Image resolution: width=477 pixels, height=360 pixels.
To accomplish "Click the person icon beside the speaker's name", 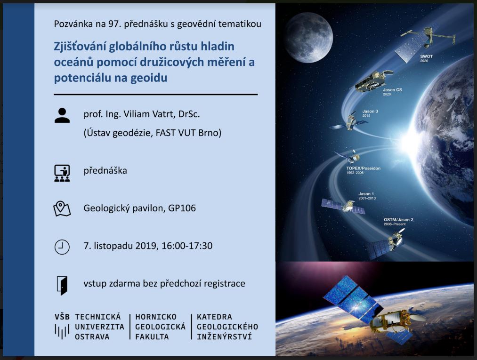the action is pos(62,116).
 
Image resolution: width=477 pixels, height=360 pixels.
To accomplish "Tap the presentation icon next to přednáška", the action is pos(62,173).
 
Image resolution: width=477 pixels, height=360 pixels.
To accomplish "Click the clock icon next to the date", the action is pos(62,247).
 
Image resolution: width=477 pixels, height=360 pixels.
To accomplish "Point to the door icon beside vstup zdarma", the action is pos(62,286).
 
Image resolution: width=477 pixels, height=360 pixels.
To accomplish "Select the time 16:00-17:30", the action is pos(187,246).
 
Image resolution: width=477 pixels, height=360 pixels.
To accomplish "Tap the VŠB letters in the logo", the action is pos(62,317).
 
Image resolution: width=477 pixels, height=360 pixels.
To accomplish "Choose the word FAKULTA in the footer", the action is pos(152,337).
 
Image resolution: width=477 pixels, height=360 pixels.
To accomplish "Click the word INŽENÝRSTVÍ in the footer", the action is pos(224,337).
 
